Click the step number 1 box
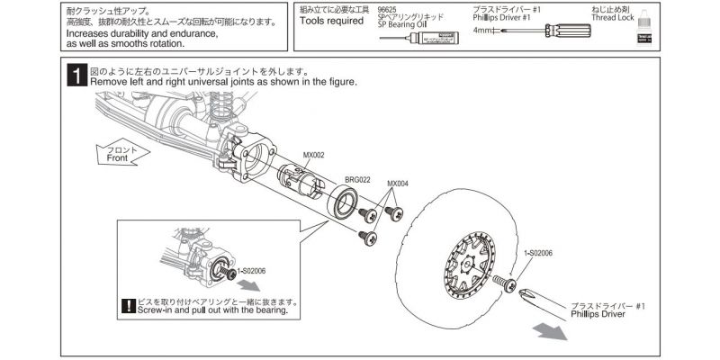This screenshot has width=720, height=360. point(77,76)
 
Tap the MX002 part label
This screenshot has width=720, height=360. point(314,155)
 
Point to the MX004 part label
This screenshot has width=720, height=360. point(397,184)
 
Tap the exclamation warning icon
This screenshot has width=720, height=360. point(128,306)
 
